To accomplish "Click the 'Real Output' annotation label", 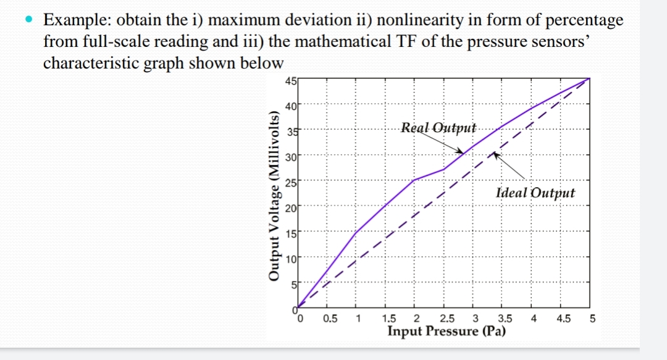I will pos(438,128).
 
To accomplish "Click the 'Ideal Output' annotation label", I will pos(535,193).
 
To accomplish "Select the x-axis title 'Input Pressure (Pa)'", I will pos(447,332).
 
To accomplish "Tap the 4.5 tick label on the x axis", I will pos(563,319).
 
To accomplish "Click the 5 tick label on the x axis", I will pos(592,319).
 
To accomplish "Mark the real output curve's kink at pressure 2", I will pos(414,180).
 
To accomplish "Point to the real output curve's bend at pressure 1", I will pos(356,232).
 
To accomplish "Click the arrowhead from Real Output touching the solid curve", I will pos(461,150).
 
